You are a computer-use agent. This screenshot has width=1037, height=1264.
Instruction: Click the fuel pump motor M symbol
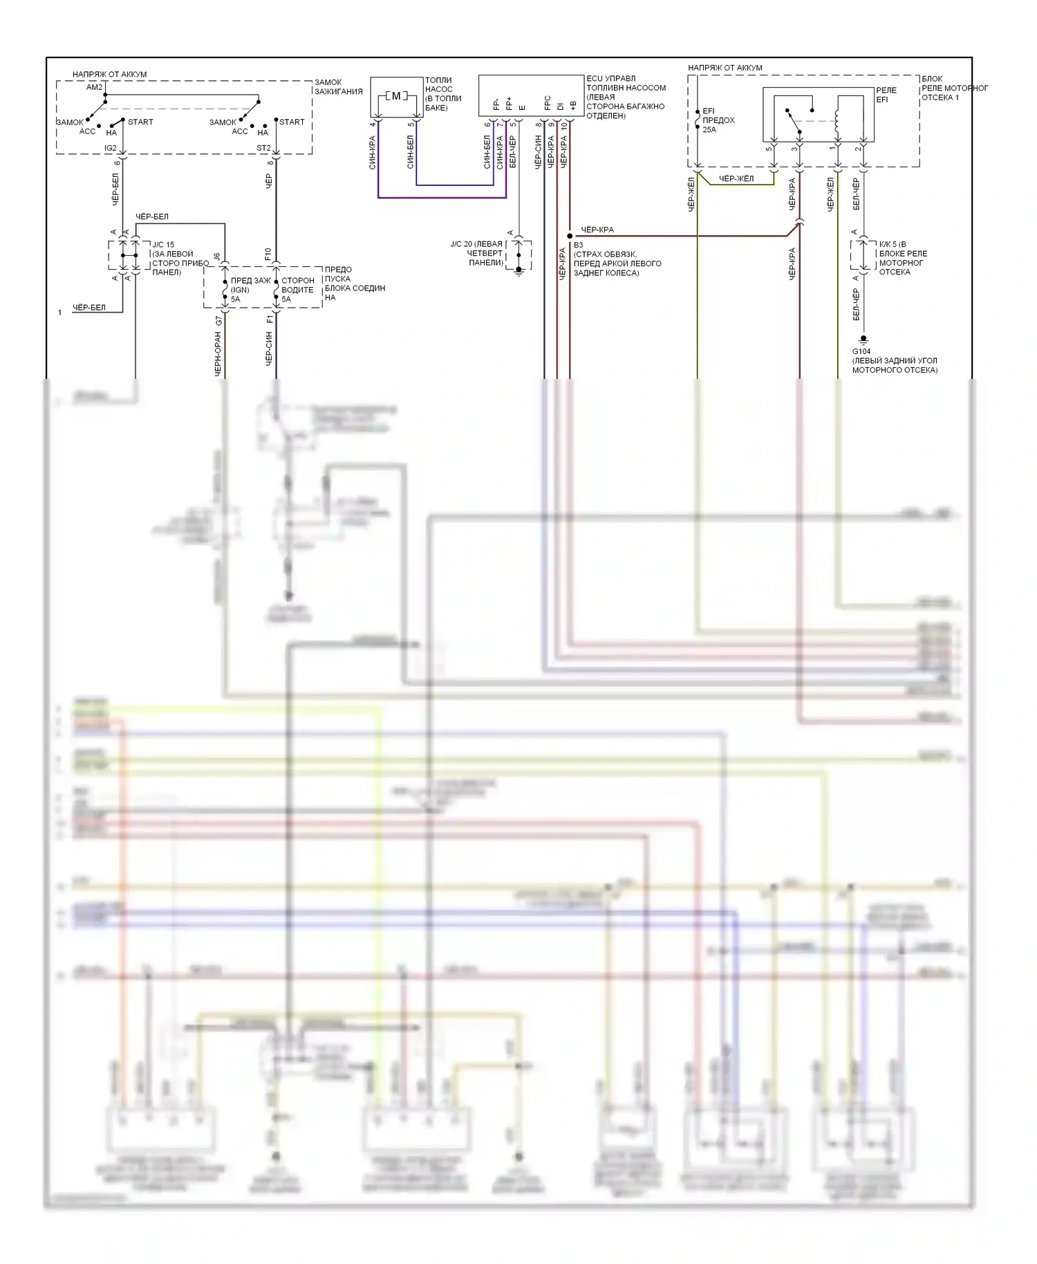pos(396,96)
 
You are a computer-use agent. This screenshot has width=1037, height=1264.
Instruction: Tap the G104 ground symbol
pos(863,340)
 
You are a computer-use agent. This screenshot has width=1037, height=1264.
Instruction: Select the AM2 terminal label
pos(94,87)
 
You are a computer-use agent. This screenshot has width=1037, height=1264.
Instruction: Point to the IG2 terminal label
pos(111,148)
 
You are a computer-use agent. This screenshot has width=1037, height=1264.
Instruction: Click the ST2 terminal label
pos(263,148)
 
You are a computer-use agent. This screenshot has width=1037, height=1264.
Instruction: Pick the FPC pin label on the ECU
pos(548,103)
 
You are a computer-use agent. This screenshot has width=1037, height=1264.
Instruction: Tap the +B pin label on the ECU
pos(573,105)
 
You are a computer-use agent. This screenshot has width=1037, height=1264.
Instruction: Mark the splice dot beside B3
pos(570,236)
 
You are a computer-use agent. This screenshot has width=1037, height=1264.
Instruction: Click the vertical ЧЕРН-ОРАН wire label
pos(218,353)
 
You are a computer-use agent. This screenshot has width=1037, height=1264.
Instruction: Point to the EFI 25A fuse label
pos(718,120)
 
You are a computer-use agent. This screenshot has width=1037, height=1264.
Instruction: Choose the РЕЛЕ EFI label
pos(886,95)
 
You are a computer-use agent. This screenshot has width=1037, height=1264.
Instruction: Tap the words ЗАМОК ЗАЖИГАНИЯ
pos(338,86)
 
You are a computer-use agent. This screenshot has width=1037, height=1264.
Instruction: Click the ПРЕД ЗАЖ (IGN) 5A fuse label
pos(249,290)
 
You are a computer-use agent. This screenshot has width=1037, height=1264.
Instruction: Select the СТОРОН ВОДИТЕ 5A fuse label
pos(297,290)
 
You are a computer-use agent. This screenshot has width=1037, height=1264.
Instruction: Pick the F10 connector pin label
pos(268,254)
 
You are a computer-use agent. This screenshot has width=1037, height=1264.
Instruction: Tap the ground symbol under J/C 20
pos(518,271)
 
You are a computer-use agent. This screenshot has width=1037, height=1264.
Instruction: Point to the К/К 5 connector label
pos(902,258)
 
